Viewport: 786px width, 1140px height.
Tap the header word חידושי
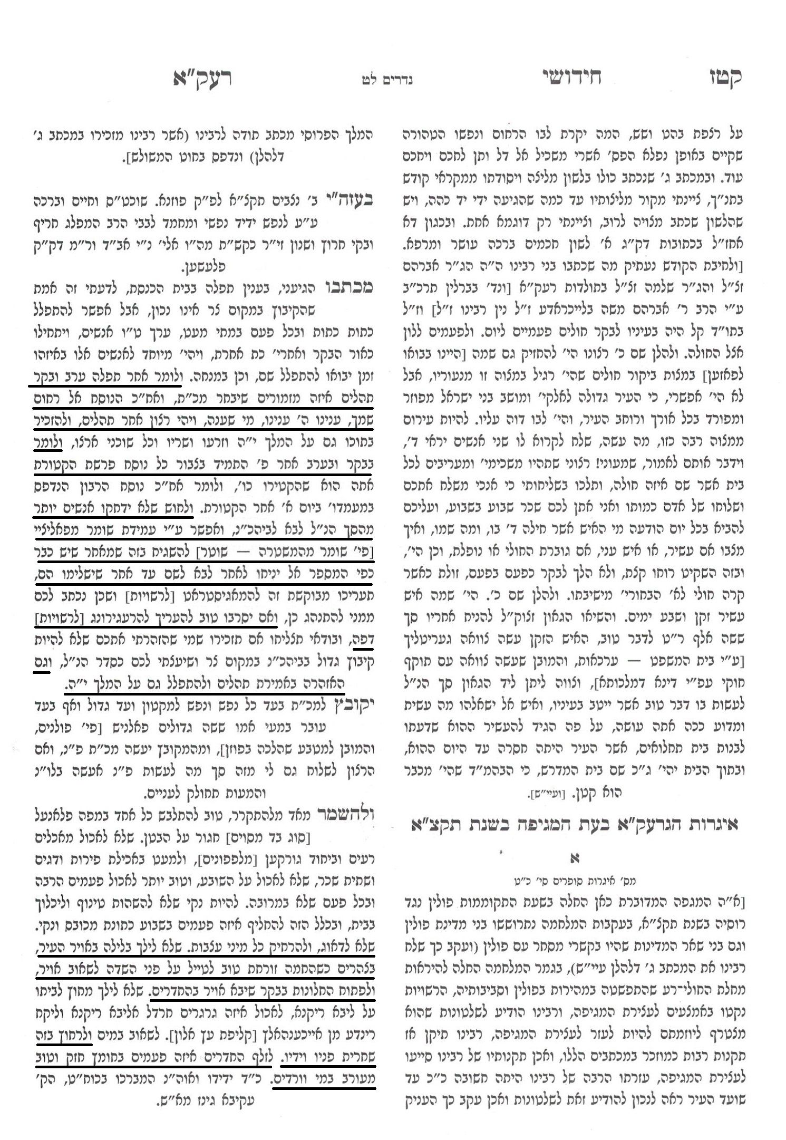point(571,78)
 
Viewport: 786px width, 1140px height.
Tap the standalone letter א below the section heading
point(574,858)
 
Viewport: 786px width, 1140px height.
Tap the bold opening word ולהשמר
point(345,815)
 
